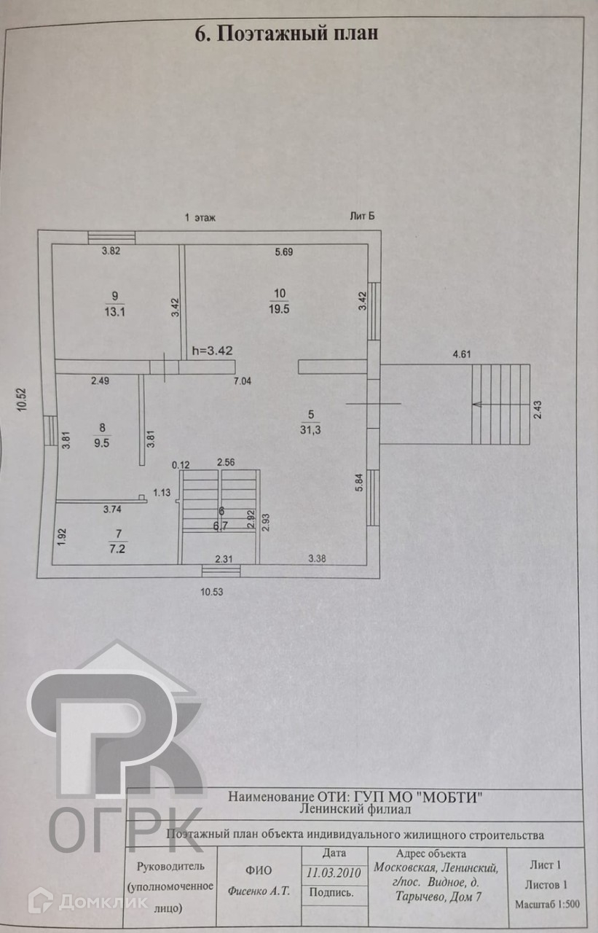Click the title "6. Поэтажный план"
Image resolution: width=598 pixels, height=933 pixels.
[x=286, y=34]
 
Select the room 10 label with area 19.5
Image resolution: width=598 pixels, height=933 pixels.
[x=280, y=301]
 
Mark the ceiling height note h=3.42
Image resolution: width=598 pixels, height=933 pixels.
[x=212, y=351]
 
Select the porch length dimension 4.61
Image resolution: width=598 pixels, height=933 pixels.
[x=461, y=355]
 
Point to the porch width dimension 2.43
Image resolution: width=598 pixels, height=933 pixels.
[x=538, y=405]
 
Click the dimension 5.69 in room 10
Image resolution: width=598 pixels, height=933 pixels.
[x=284, y=253]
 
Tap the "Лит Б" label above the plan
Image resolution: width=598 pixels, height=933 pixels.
[x=362, y=216]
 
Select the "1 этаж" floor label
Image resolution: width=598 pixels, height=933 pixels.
[x=200, y=217]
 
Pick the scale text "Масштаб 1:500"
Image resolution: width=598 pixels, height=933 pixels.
[x=547, y=904]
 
